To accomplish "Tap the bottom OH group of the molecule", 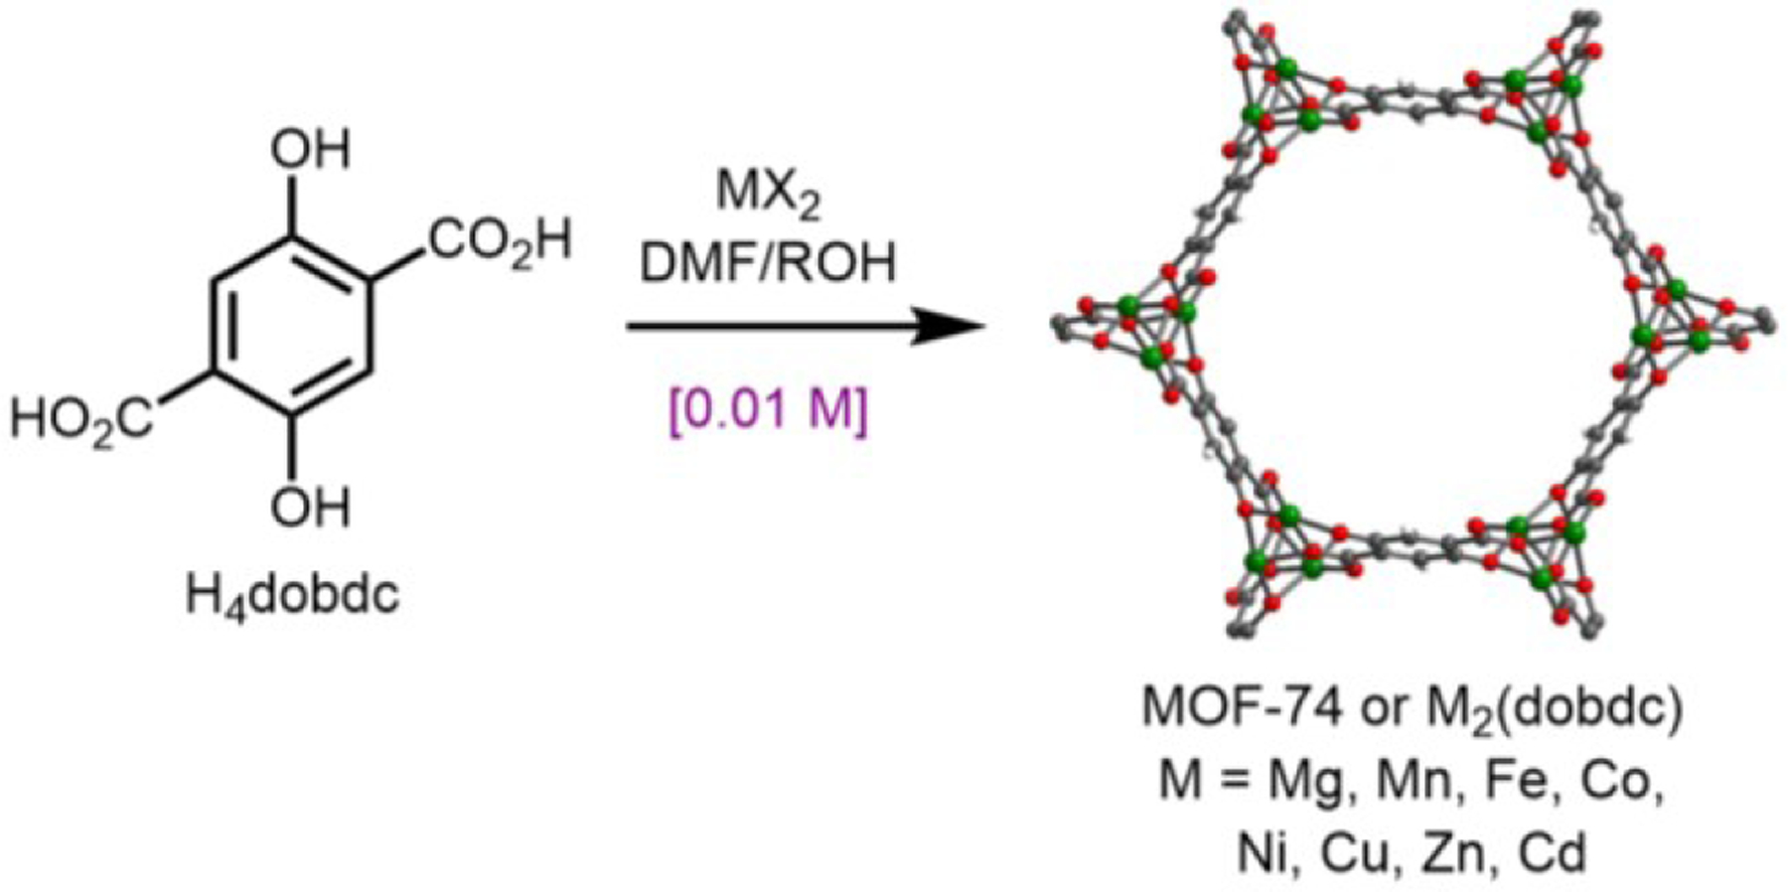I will pos(311,508).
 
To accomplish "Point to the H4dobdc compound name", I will pos(293,596).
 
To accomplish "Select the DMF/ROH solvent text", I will pos(767,263).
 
